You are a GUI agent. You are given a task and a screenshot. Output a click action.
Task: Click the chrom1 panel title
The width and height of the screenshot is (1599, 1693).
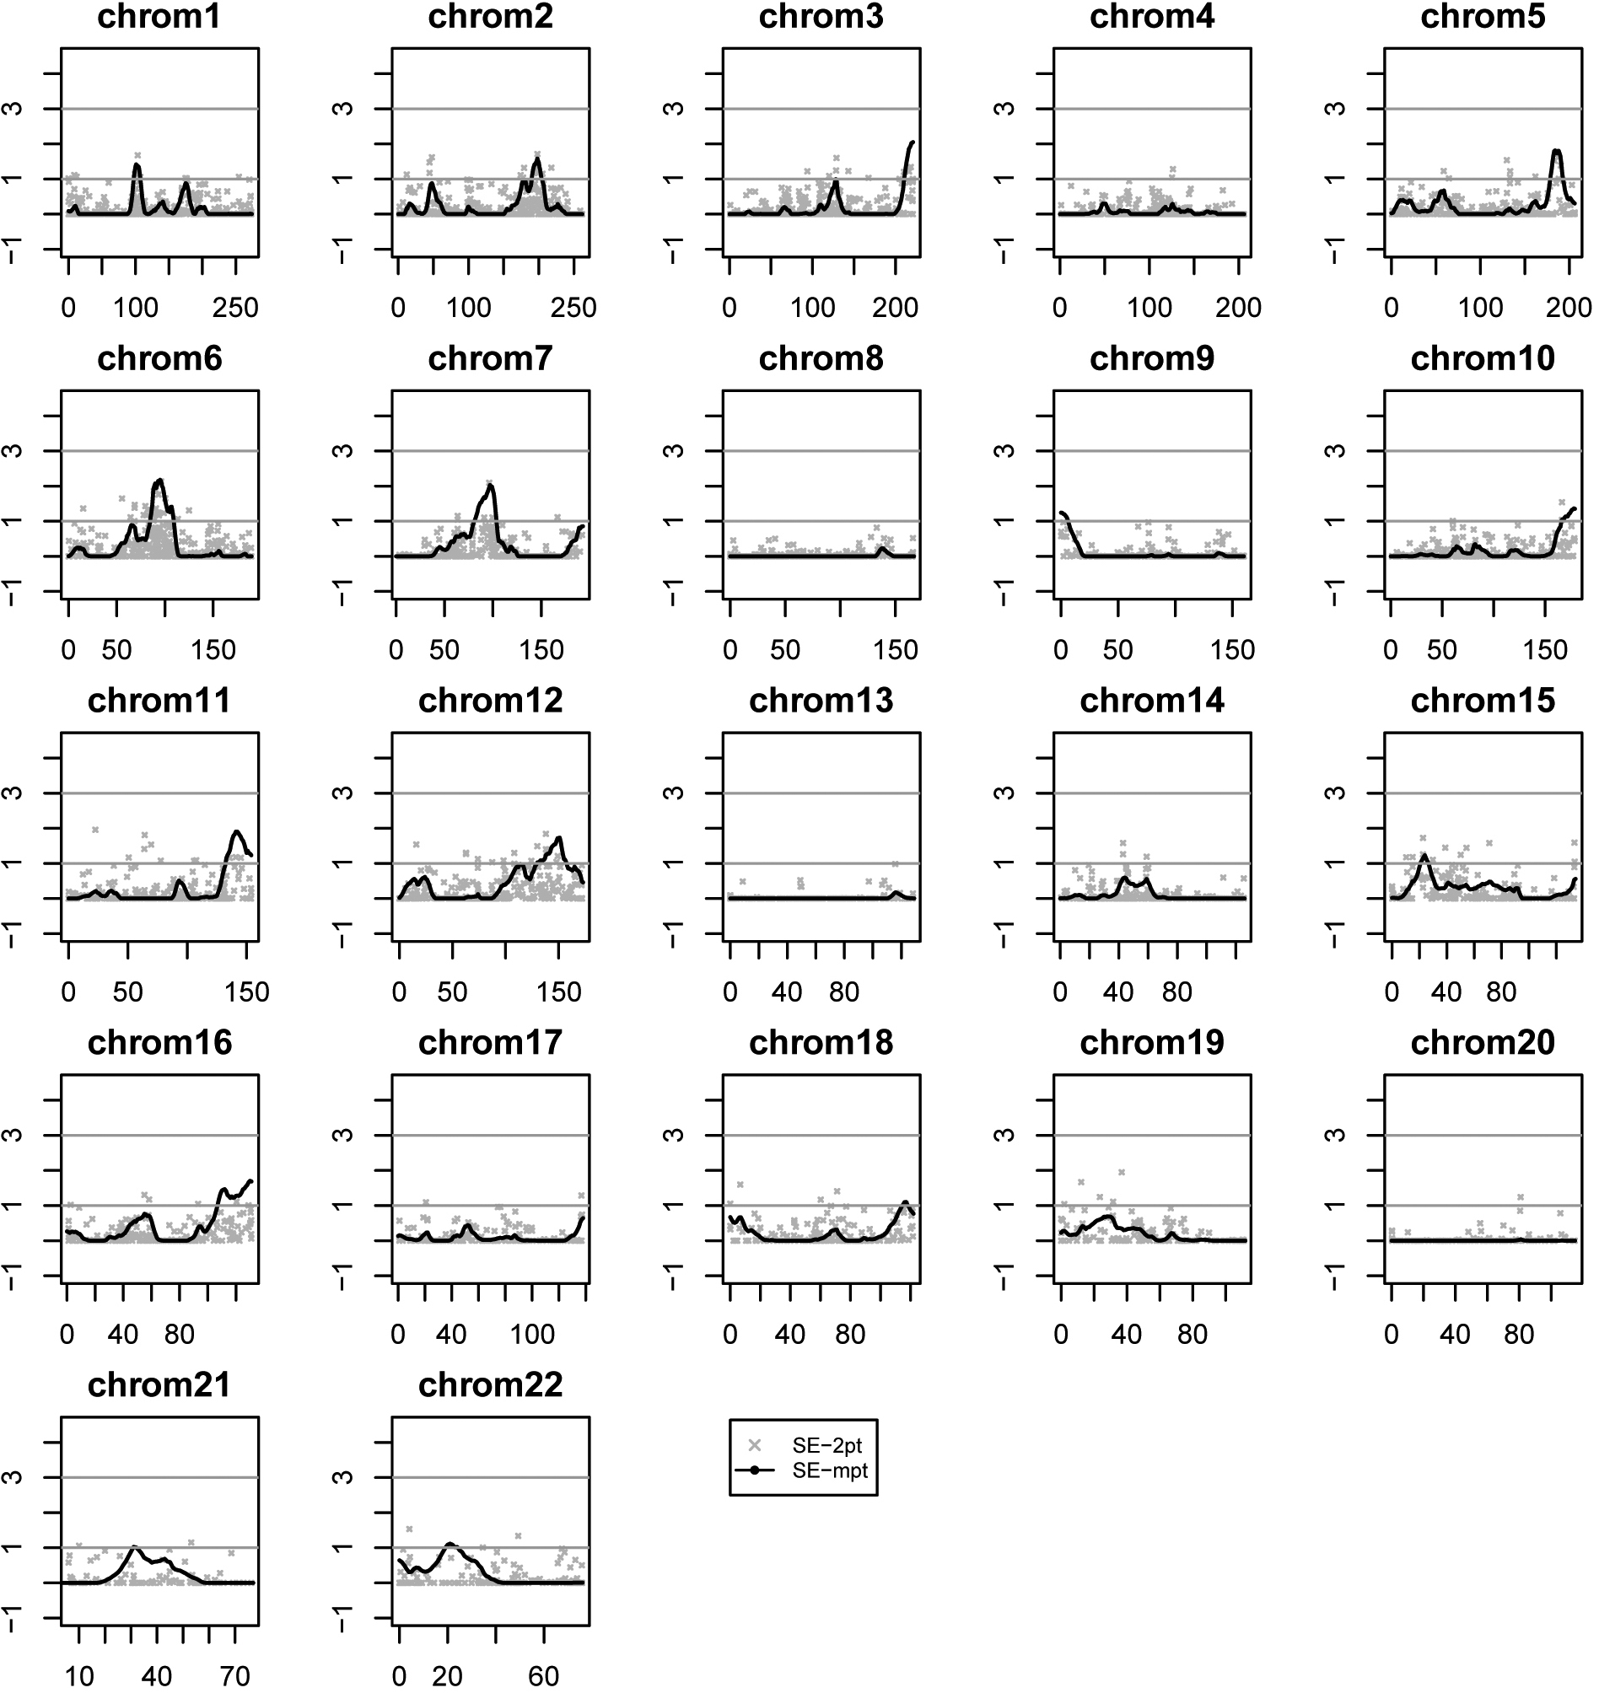coord(159,17)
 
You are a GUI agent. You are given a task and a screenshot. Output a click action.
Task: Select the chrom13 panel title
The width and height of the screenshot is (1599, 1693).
coord(821,701)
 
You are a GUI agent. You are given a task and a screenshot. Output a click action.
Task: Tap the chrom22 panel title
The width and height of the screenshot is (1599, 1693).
coord(490,1384)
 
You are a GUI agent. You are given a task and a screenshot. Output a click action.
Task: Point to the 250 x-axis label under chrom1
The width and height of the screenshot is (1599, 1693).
coord(235,308)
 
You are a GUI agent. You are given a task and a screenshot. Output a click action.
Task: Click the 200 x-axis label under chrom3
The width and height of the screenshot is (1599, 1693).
coord(895,308)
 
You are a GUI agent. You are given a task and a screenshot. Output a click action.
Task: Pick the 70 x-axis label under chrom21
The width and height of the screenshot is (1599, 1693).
coord(235,1677)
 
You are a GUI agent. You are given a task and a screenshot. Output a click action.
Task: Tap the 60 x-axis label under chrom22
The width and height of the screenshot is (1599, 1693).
coord(544,1677)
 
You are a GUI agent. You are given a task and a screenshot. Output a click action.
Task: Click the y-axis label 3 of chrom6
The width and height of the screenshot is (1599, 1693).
coord(12,451)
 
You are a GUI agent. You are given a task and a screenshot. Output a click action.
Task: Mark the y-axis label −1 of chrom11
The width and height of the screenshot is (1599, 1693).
coord(12,934)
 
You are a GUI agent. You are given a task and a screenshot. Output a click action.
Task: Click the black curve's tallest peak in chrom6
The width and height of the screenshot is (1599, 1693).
coord(159,481)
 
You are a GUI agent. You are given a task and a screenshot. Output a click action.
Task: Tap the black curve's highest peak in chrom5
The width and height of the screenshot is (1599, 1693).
coord(1556,151)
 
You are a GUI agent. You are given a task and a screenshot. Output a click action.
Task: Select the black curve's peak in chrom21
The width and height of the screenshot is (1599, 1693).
coord(134,1547)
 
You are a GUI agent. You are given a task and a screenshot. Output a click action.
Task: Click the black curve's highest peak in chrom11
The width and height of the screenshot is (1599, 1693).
coord(237,831)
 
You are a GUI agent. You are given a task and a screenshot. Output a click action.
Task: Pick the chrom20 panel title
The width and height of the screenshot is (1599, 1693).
coord(1483,1043)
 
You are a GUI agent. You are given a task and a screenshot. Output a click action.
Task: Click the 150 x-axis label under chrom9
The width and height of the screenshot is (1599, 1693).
coord(1232,650)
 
